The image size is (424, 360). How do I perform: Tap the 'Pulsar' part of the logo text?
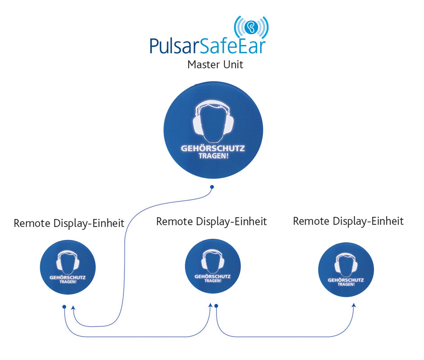point(173,47)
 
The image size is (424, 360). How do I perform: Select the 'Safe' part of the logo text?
point(216,47)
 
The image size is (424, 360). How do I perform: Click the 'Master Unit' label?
point(215,65)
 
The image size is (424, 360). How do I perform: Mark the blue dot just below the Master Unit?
point(212,186)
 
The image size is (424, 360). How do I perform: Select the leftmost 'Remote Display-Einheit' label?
point(69,224)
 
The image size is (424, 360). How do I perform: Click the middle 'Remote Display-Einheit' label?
point(212,221)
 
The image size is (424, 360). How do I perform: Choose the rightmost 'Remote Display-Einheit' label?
point(348,221)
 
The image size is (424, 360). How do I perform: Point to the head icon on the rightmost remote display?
point(346,264)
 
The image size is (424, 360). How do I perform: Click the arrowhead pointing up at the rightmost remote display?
point(354,306)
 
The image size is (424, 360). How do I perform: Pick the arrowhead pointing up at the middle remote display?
point(210,306)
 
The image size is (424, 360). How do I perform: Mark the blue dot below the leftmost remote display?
point(64,307)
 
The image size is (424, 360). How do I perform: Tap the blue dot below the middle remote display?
point(217,306)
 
